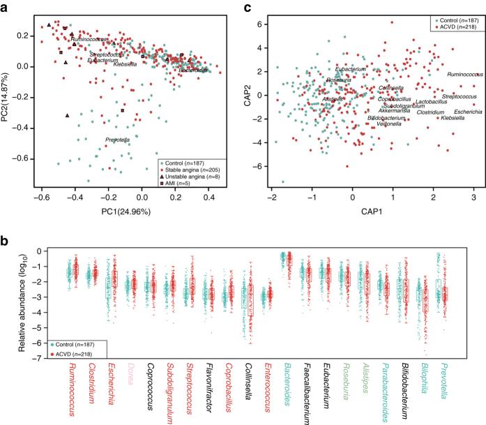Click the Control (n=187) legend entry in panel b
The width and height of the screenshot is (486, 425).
(x=78, y=344)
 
